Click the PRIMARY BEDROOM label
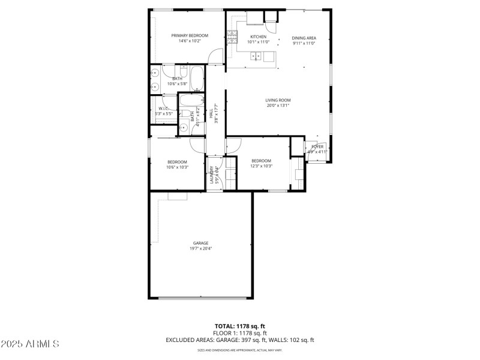pos(190,36)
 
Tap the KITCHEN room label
pos(259,37)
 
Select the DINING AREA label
pos(304,38)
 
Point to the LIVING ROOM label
pos(278,100)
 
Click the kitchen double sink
pos(256,57)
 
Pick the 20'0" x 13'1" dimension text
pos(278,106)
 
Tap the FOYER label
pos(317,146)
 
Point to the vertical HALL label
pos(211,112)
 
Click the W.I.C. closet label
pos(164,109)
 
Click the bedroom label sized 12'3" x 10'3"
pos(261,160)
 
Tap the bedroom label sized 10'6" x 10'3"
pos(177,161)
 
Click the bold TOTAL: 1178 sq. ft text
pos(239,326)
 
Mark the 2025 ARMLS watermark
pos(30,344)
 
